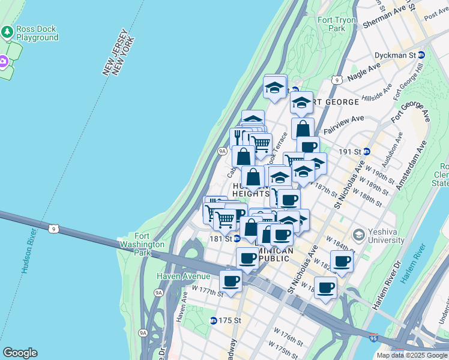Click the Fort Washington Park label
[x=142, y=244]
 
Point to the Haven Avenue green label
[x=184, y=276]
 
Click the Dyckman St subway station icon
[x=421, y=55]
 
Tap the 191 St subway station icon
[x=366, y=152]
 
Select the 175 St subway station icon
[x=213, y=320]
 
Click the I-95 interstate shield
[x=373, y=338]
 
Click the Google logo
[x=20, y=353]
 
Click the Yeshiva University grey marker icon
[x=359, y=233]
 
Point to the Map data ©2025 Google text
[x=412, y=355]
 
